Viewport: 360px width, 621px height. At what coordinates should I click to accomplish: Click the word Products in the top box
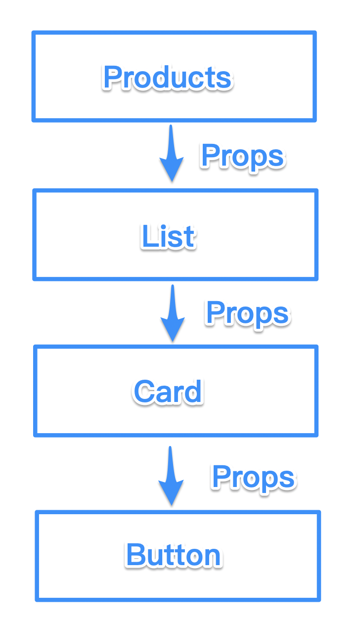(168, 78)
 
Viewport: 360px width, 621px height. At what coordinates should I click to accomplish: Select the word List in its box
(168, 236)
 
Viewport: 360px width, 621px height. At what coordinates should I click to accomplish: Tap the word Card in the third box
(168, 392)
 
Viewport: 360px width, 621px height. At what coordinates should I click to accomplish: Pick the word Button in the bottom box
(173, 555)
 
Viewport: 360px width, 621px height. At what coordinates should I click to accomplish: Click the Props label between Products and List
(243, 157)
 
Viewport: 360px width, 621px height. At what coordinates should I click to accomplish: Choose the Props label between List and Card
(248, 313)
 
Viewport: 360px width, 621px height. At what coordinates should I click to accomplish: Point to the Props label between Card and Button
(254, 477)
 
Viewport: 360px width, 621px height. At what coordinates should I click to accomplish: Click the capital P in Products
(112, 77)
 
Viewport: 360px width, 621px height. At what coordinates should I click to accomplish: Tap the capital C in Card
(143, 392)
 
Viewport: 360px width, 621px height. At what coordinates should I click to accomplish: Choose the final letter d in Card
(194, 392)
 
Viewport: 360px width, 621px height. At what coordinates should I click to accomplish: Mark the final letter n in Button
(213, 557)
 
